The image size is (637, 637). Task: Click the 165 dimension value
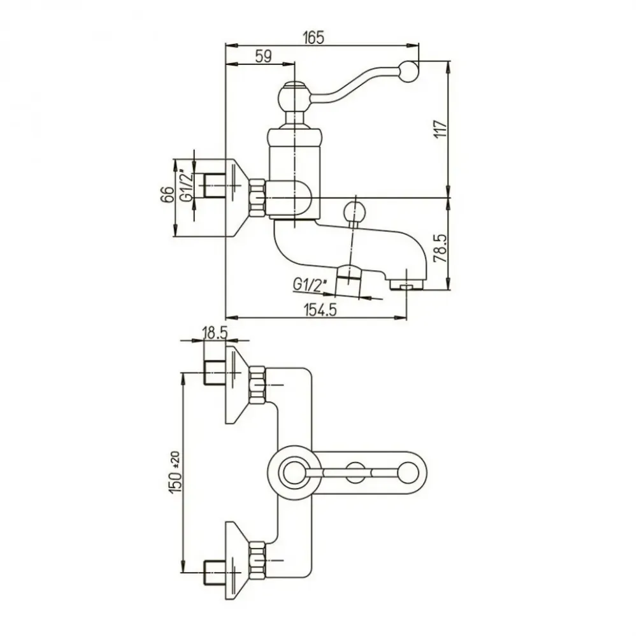click(313, 38)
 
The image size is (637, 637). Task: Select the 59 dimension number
click(263, 57)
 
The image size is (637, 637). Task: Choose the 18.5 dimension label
click(216, 333)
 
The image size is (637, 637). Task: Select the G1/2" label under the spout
click(311, 283)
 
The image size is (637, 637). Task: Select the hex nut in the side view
click(258, 197)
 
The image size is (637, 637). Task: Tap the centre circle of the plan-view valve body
click(294, 472)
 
